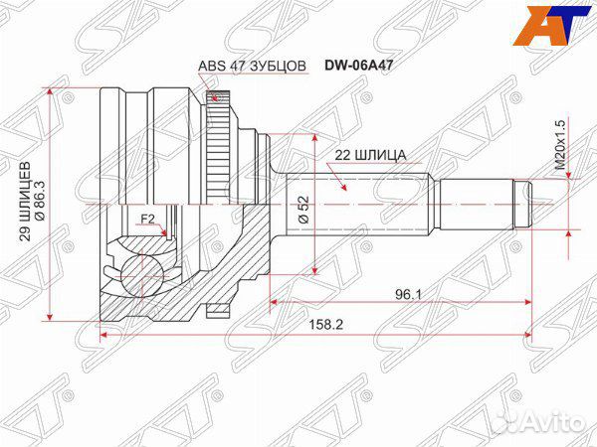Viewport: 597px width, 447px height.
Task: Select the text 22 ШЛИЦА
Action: [362, 155]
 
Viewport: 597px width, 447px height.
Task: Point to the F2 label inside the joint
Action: [146, 218]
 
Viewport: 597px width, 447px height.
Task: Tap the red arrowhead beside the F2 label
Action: [164, 229]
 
